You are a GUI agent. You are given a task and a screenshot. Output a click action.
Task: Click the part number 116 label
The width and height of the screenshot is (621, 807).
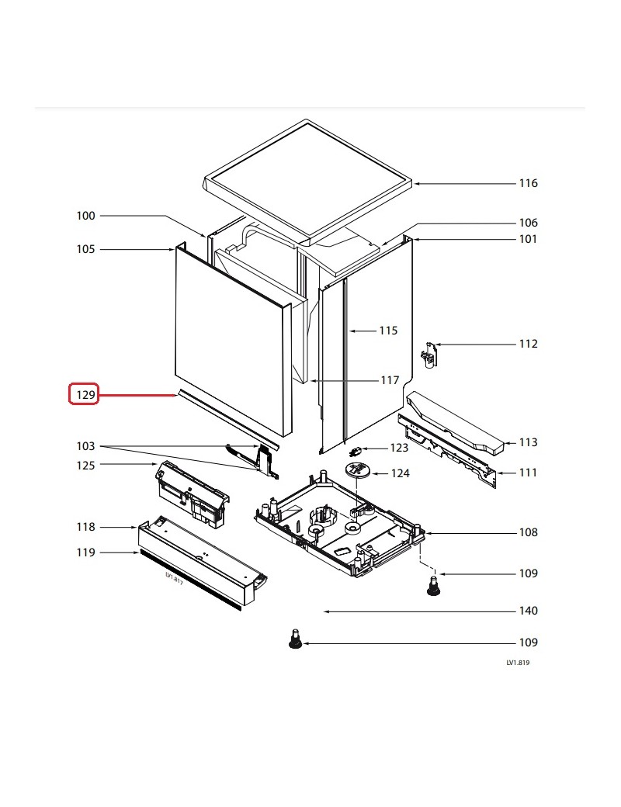(528, 183)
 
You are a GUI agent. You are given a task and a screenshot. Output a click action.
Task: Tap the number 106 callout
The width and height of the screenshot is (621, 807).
(528, 223)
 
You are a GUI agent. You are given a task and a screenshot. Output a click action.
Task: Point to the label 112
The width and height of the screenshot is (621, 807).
(528, 344)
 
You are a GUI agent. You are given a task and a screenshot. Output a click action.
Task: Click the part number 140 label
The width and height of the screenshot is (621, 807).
(528, 611)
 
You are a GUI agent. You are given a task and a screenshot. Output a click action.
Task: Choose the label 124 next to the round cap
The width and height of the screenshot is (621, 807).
(401, 473)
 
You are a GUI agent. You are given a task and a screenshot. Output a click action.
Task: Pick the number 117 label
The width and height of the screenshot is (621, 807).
(389, 380)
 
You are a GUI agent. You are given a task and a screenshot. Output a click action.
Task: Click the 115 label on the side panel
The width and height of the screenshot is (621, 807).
(388, 331)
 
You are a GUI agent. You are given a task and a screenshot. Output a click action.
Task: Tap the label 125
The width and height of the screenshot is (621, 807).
(85, 465)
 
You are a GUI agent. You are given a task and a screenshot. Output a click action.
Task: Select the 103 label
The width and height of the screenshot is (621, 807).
(85, 446)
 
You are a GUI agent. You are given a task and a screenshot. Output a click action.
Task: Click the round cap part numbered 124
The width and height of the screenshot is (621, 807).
(356, 469)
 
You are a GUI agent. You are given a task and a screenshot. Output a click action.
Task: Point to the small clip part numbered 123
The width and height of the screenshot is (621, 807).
(357, 450)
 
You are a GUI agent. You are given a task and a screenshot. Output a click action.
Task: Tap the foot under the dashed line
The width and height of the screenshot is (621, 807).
(432, 587)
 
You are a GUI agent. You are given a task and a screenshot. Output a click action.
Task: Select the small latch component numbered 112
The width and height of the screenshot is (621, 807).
(428, 354)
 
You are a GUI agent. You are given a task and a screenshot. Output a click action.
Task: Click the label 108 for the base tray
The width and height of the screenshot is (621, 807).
(528, 532)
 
